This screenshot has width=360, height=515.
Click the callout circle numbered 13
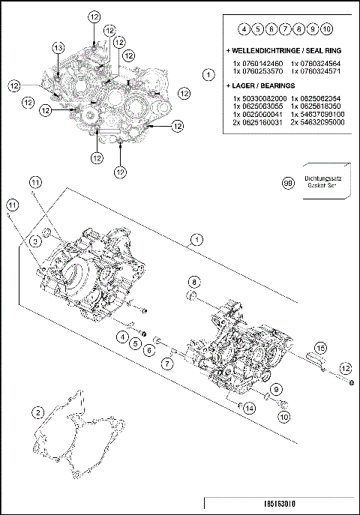pos(58,47)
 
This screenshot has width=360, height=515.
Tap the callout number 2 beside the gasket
pos(37,411)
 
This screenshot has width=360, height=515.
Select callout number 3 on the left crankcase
pos(34,241)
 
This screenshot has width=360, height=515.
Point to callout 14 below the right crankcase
pos(250,408)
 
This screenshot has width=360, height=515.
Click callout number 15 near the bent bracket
pos(320,348)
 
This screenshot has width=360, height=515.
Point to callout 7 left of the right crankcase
pos(167,363)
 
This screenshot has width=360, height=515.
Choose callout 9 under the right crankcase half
pos(275,388)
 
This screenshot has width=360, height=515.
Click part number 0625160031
pos(257,122)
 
